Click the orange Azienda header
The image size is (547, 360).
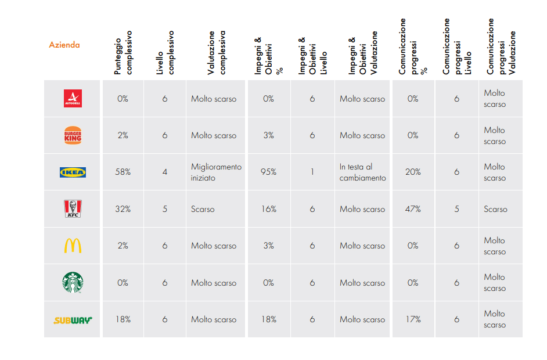tap(64, 45)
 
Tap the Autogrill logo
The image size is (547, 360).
tap(73, 98)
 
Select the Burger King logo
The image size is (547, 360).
tap(73, 135)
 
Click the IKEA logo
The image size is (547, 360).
tap(73, 172)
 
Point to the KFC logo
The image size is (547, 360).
tap(73, 209)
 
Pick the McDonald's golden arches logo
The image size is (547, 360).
tap(73, 246)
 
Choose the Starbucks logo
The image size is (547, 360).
tap(73, 283)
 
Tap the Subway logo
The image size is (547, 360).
tap(73, 320)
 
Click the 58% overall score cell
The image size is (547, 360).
tap(123, 172)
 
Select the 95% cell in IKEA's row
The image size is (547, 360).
tap(268, 172)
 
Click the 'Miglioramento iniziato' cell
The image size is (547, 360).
tap(216, 172)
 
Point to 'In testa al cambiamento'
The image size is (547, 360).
tap(362, 172)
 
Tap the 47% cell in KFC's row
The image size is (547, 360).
tap(413, 209)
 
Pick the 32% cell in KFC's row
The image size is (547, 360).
tap(123, 209)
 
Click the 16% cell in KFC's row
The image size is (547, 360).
tap(269, 209)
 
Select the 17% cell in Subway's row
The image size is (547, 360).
tap(413, 319)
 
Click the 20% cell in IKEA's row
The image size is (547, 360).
tap(413, 172)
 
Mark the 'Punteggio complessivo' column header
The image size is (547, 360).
tap(123, 53)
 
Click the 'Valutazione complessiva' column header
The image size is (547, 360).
tap(216, 53)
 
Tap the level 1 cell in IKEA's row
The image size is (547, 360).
tap(312, 172)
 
